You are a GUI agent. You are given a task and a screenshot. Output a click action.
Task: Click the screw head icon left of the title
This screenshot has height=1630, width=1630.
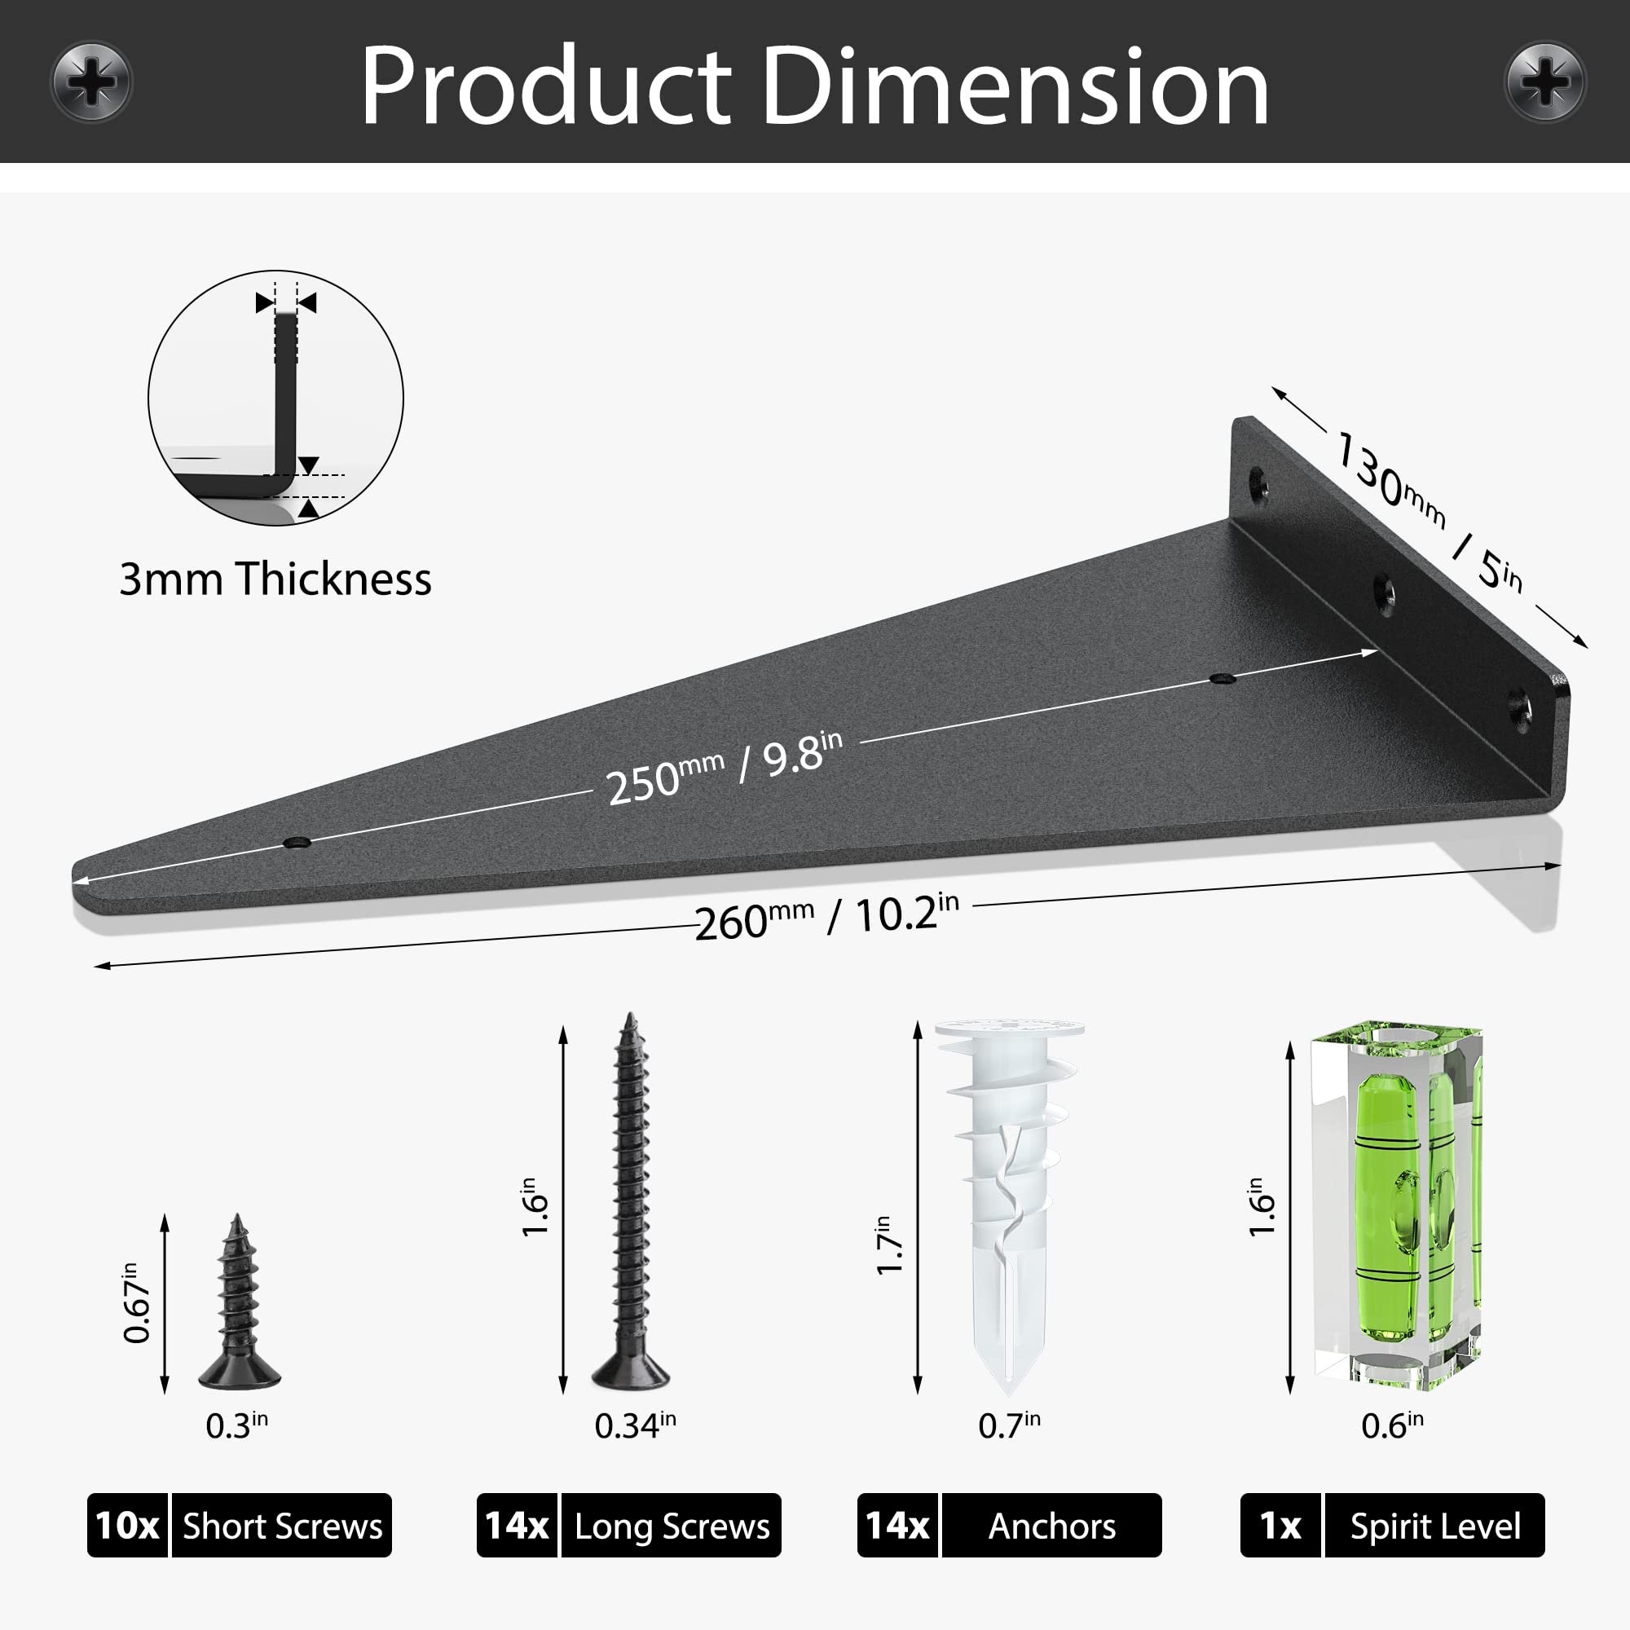click(x=91, y=81)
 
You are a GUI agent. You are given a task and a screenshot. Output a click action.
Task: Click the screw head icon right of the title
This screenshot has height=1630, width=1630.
click(x=1544, y=81)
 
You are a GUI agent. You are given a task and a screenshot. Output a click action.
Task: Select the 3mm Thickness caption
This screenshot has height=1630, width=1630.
click(x=275, y=579)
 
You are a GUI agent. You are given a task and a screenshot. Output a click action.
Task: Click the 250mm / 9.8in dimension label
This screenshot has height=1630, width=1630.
click(x=725, y=769)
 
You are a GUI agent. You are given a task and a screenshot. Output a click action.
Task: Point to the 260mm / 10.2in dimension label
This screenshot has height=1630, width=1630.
click(x=826, y=918)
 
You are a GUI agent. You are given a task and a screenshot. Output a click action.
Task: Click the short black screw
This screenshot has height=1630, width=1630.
click(x=239, y=1302)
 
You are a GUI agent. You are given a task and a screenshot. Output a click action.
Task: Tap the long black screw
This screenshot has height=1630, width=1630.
click(x=630, y=1201)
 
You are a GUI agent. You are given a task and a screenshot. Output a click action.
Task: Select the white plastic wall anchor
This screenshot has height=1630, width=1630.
click(x=1009, y=1207)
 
